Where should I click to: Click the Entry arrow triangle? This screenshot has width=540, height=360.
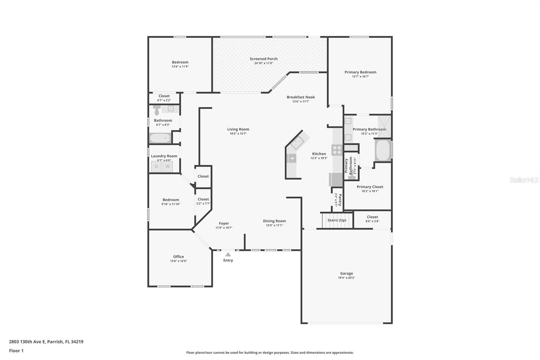[228, 254]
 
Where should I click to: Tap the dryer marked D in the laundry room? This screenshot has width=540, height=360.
[156, 166]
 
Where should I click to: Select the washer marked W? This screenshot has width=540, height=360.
[167, 166]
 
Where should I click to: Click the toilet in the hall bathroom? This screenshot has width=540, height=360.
[157, 110]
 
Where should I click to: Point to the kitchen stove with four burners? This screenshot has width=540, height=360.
[337, 150]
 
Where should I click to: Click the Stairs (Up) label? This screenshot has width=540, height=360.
[337, 220]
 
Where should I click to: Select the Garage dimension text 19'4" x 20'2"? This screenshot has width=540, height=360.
[346, 278]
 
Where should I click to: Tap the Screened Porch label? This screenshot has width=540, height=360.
[264, 59]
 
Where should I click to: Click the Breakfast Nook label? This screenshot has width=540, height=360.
[301, 97]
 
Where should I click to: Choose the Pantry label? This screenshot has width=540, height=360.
[340, 200]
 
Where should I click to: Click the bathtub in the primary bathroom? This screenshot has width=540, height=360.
[383, 150]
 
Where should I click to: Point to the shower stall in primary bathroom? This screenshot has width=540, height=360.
[384, 127]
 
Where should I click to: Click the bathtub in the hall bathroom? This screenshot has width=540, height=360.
[160, 138]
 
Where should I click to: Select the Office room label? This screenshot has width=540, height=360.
[179, 256]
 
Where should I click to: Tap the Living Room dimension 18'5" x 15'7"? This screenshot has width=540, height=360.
[238, 133]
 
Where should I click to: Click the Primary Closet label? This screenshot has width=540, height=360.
[370, 187]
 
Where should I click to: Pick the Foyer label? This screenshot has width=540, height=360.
[224, 224]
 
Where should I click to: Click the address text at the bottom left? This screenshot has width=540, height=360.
[46, 342]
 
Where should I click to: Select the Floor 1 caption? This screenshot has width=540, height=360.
[16, 351]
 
